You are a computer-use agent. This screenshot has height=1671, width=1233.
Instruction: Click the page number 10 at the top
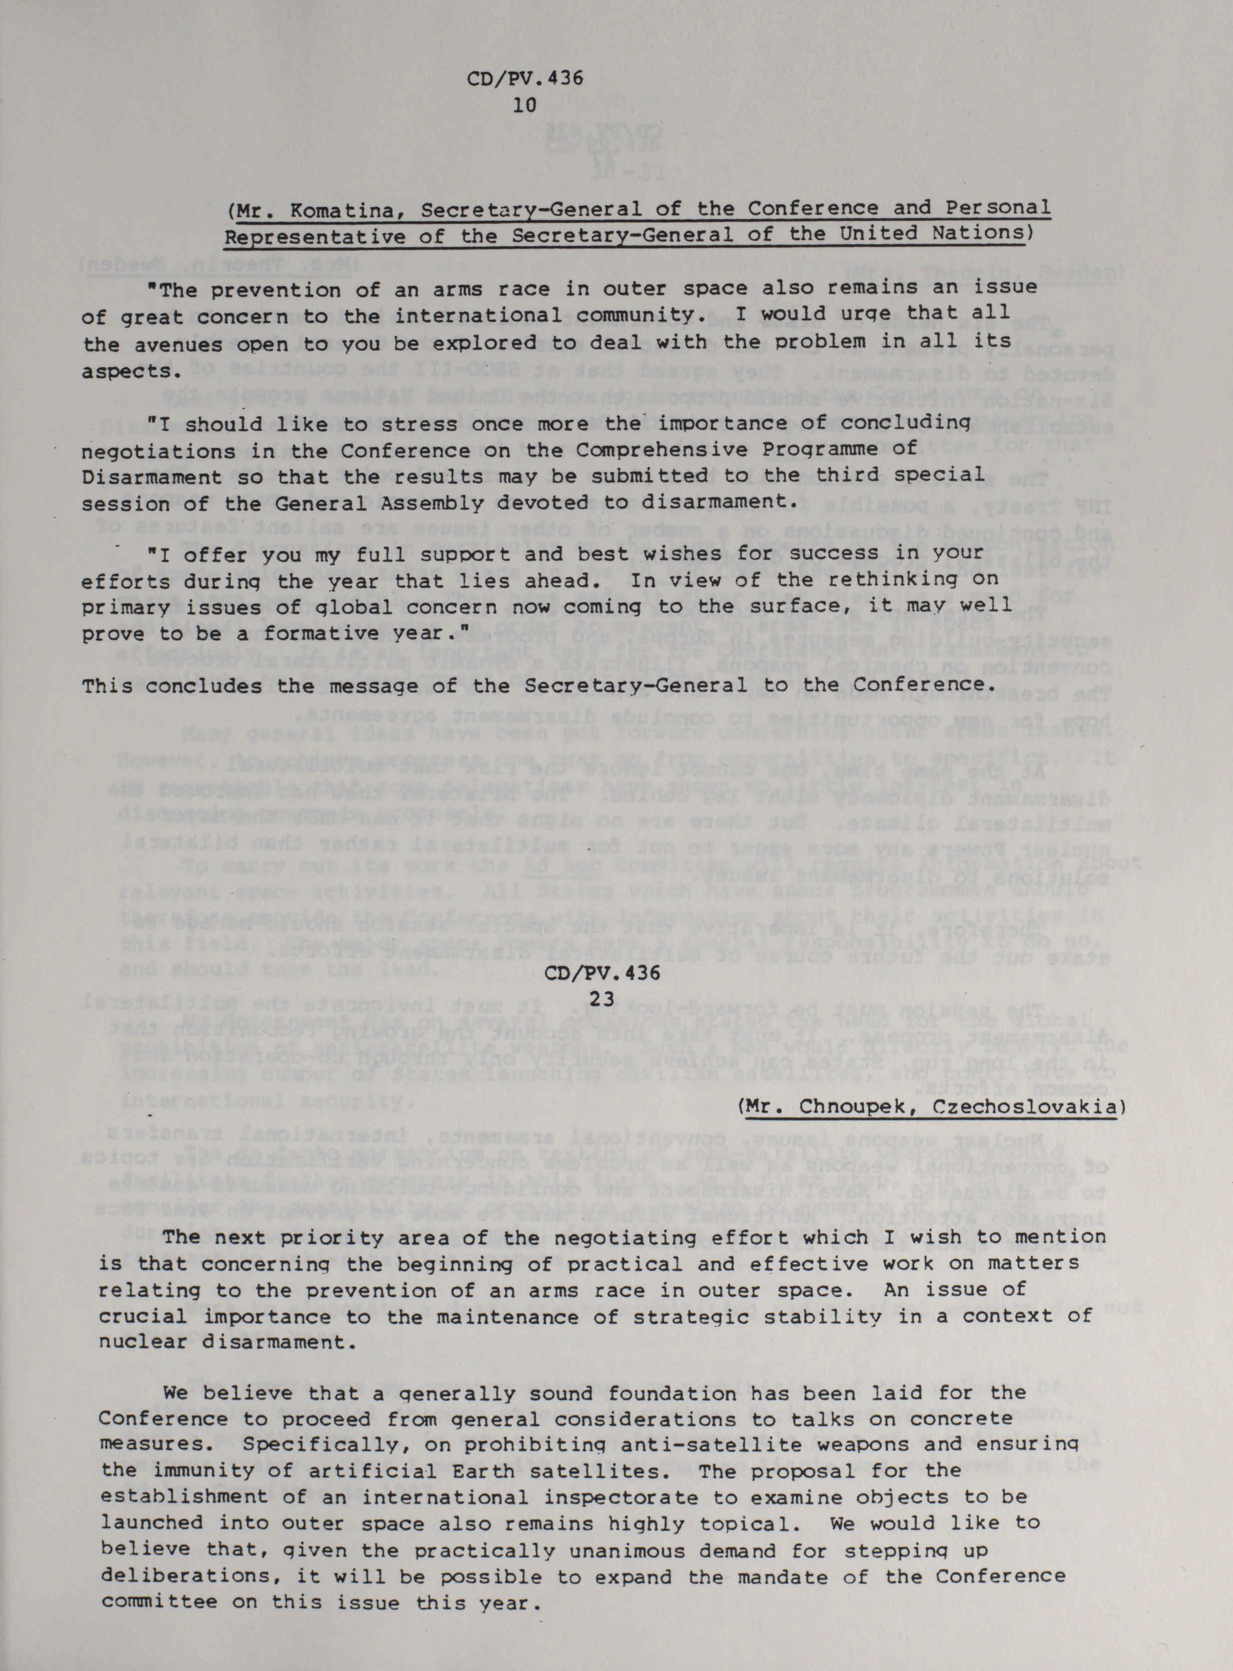tap(526, 105)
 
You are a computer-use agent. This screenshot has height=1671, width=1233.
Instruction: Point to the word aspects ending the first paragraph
tap(126, 371)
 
